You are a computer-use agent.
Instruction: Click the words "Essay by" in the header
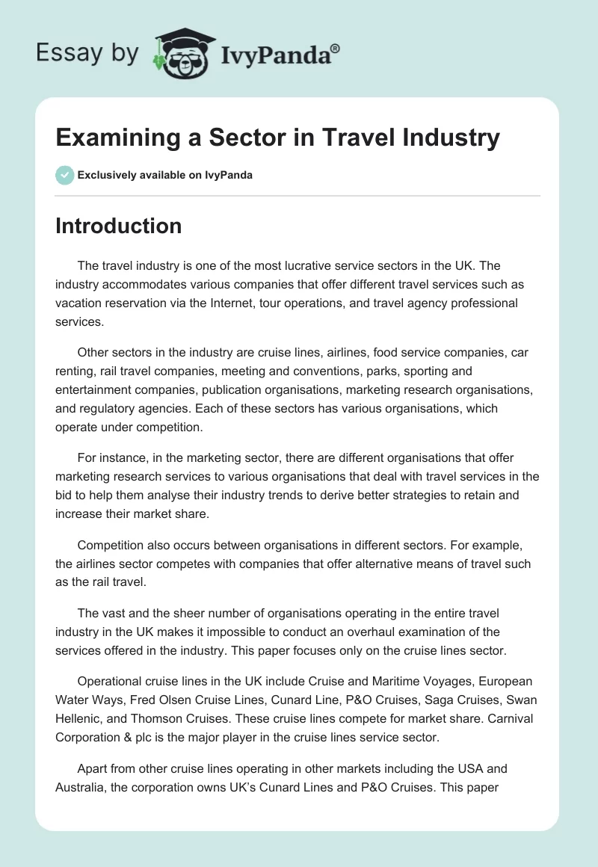pos(87,53)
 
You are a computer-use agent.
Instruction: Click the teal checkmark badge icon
pos(64,175)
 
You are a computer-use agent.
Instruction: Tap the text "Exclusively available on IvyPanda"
pos(165,176)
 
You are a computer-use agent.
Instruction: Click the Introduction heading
pos(118,226)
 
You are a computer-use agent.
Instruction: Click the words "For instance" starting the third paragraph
pos(109,457)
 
